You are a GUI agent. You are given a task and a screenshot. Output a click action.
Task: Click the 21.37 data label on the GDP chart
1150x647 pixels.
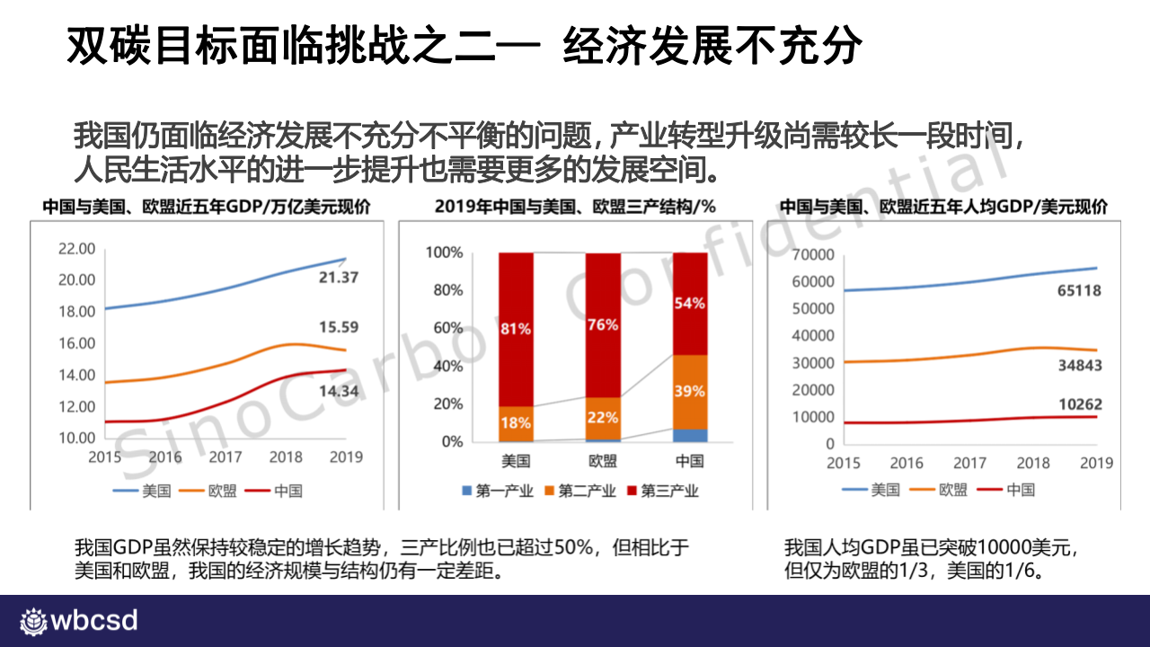click(x=339, y=278)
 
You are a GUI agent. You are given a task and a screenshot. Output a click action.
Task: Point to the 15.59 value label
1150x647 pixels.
click(x=339, y=327)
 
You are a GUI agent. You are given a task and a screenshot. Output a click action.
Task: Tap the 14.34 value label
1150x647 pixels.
click(x=339, y=391)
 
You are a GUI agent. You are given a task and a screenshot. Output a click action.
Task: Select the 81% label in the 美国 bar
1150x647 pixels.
click(x=516, y=329)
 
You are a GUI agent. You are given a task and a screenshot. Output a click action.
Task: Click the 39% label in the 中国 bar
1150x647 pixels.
click(x=689, y=392)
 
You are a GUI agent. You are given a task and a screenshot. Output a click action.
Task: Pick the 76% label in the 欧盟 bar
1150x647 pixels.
click(x=603, y=324)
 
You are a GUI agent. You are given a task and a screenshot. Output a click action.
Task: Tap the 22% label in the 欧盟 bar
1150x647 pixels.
click(x=603, y=417)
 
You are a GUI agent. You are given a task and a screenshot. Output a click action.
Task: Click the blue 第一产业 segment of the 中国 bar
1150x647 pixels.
click(x=689, y=435)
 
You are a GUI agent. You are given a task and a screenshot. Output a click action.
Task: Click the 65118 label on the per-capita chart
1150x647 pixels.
click(x=1078, y=290)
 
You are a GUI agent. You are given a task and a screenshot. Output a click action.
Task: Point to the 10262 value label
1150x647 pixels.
click(x=1079, y=404)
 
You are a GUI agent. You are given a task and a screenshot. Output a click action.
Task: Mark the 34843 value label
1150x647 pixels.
click(x=1079, y=366)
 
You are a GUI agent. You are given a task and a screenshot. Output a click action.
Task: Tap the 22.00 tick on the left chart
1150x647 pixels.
click(x=76, y=248)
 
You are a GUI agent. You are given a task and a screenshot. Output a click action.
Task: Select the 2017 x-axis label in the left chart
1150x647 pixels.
click(x=225, y=457)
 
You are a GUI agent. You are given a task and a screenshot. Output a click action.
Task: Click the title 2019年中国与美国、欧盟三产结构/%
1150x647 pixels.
click(x=575, y=206)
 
